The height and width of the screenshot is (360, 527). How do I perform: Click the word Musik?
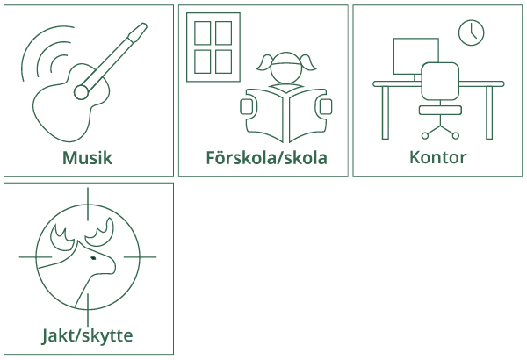point(87,158)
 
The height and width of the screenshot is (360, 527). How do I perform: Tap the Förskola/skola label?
point(266,158)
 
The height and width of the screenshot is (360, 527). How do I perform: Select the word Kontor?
point(438,157)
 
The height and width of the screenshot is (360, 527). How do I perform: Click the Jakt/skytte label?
point(87,335)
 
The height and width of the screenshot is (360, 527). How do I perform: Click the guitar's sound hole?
point(81,92)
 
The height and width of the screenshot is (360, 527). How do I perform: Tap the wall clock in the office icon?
point(471,32)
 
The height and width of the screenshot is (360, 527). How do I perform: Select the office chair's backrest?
point(440,81)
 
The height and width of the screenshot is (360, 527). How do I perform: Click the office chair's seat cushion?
point(440,110)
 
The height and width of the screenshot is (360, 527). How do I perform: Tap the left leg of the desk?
point(386,112)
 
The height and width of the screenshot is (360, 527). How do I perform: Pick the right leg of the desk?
point(489,112)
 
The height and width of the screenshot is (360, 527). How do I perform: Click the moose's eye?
point(93,258)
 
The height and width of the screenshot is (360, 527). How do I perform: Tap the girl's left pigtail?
point(263,63)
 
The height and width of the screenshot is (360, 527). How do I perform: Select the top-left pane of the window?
point(203,33)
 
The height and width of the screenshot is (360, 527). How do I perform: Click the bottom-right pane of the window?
point(223,61)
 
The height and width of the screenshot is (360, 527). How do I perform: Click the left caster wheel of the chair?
point(425,135)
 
